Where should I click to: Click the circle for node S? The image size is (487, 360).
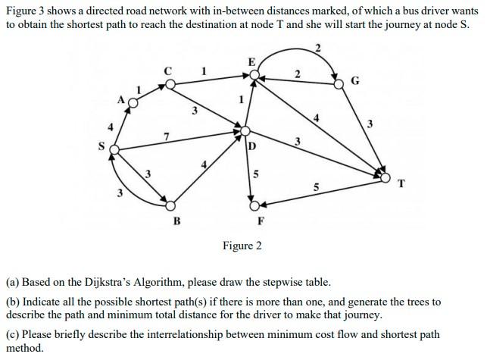pyautogui.click(x=114, y=150)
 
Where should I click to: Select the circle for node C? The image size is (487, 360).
pyautogui.click(x=170, y=84)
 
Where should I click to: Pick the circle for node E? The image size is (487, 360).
pyautogui.click(x=254, y=74)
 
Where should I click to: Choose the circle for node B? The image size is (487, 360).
pyautogui.click(x=171, y=205)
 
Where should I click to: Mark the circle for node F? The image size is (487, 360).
pyautogui.click(x=256, y=203)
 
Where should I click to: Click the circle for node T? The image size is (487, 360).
pyautogui.click(x=387, y=178)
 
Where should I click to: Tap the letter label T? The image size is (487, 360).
pyautogui.click(x=401, y=183)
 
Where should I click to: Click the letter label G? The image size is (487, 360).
pyautogui.click(x=355, y=81)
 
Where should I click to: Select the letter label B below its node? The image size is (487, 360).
pyautogui.click(x=176, y=221)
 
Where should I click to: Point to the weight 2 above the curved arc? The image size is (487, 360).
pyautogui.click(x=317, y=49)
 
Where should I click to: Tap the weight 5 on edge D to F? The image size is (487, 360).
pyautogui.click(x=255, y=174)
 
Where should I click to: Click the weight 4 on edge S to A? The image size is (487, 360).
pyautogui.click(x=111, y=127)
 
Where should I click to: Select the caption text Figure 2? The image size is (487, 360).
pyautogui.click(x=242, y=246)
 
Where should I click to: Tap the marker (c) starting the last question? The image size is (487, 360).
pyautogui.click(x=12, y=334)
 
